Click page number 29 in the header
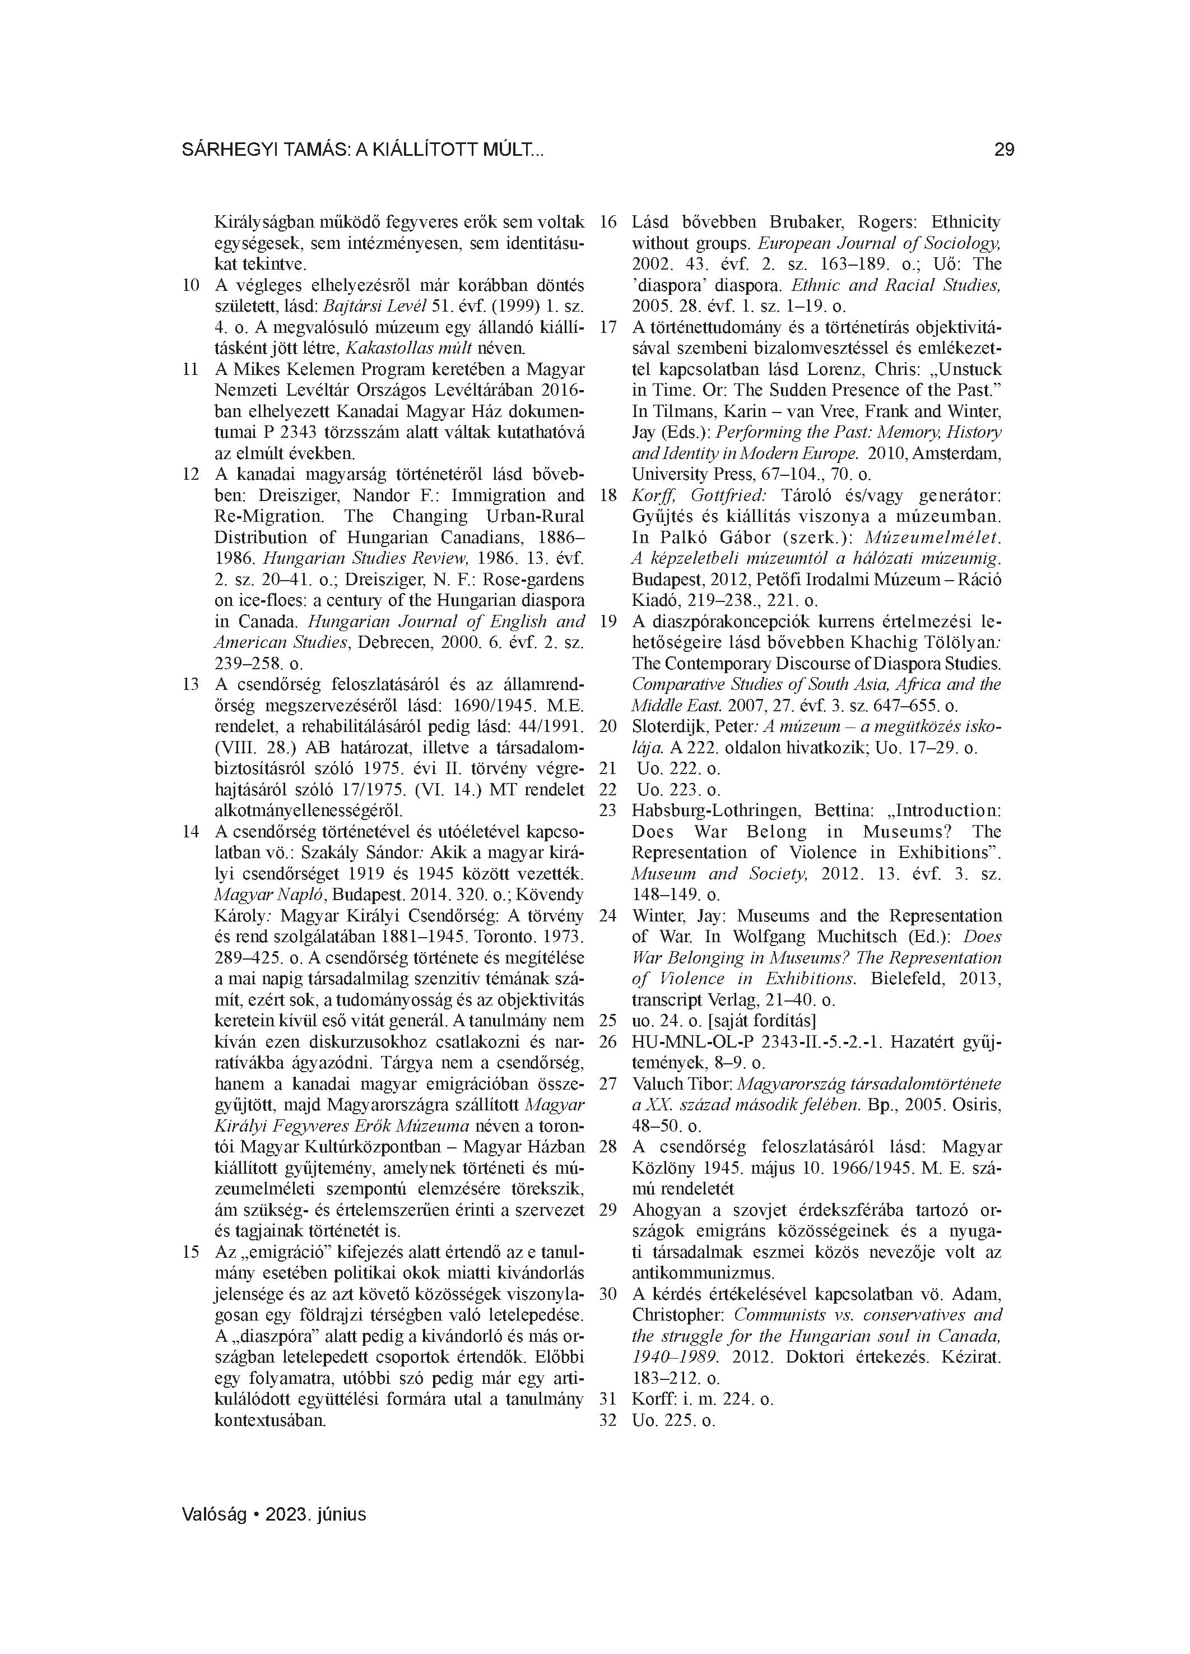coord(1003,150)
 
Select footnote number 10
coord(190,285)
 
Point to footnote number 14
coord(190,831)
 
